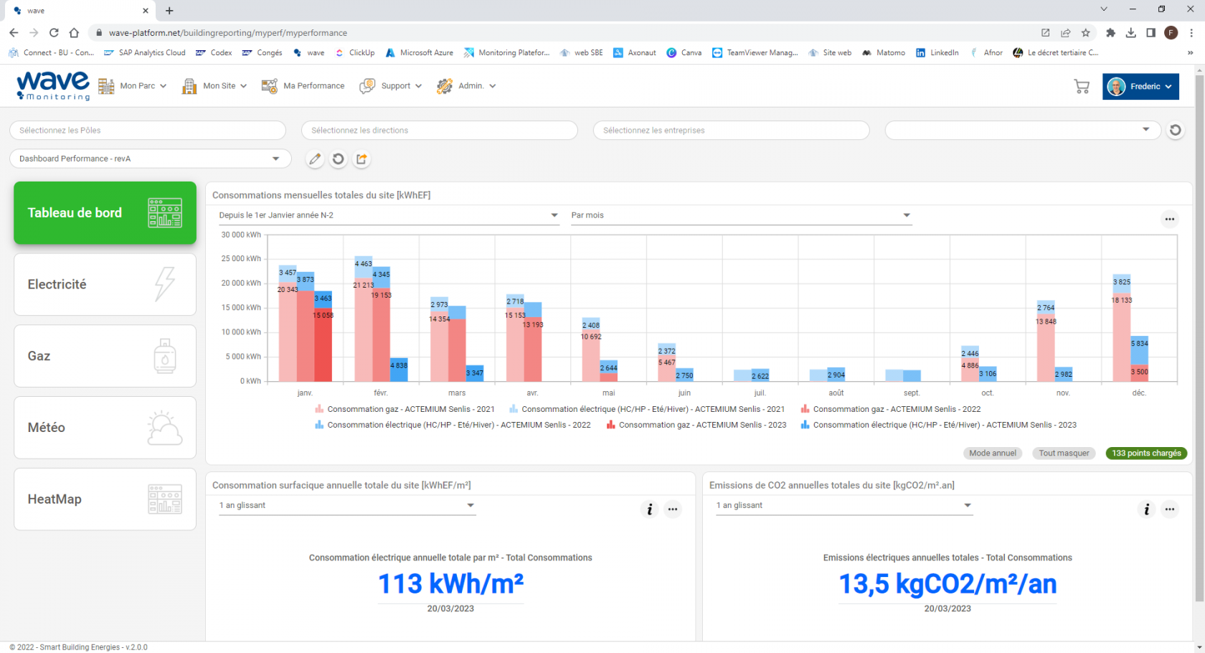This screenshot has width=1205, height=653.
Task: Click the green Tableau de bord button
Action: tap(105, 212)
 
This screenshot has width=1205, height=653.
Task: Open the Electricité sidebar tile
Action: tap(105, 284)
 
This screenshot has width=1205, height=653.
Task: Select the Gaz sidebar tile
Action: tap(105, 356)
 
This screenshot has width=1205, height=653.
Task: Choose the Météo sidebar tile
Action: tap(105, 428)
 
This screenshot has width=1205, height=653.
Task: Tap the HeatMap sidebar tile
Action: tap(105, 499)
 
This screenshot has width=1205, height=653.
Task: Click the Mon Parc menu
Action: tap(133, 86)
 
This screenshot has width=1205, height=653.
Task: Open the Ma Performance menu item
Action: tap(303, 86)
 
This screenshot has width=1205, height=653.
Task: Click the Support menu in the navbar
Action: tap(391, 86)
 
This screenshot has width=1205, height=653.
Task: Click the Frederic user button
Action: tap(1140, 87)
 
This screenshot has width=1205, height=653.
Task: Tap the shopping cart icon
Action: tap(1082, 87)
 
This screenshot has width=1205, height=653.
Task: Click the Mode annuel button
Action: tap(992, 454)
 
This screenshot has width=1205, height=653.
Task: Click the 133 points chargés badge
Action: tap(1146, 454)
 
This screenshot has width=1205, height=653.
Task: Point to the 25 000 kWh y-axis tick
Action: tap(241, 259)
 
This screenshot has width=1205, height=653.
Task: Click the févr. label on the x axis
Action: tap(381, 393)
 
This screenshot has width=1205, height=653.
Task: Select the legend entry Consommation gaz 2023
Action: tap(701, 426)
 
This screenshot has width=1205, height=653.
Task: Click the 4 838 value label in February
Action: tap(399, 366)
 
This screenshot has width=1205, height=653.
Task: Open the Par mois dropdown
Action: tap(740, 215)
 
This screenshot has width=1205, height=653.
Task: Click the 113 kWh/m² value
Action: tap(450, 584)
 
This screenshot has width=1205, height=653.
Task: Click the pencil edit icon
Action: tap(315, 159)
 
